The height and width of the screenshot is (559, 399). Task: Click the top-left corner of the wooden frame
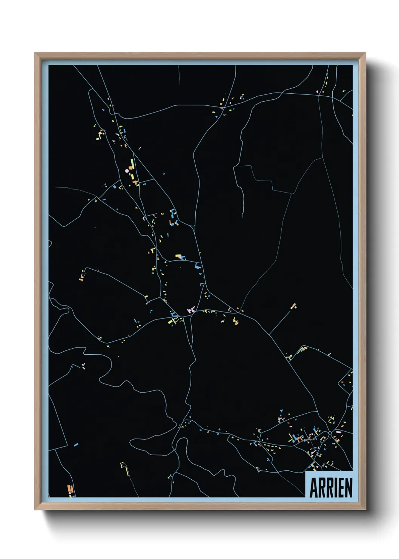(35, 54)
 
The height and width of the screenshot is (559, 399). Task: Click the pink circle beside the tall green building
(127, 171)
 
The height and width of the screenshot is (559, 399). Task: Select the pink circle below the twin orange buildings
(70, 493)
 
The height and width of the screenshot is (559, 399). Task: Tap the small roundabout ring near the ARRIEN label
(330, 433)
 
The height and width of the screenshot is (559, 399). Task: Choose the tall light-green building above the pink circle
(132, 163)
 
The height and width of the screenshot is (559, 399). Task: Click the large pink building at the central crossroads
(191, 310)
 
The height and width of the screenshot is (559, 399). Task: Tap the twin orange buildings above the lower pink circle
(69, 488)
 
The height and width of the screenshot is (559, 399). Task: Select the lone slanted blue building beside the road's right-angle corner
(76, 445)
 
